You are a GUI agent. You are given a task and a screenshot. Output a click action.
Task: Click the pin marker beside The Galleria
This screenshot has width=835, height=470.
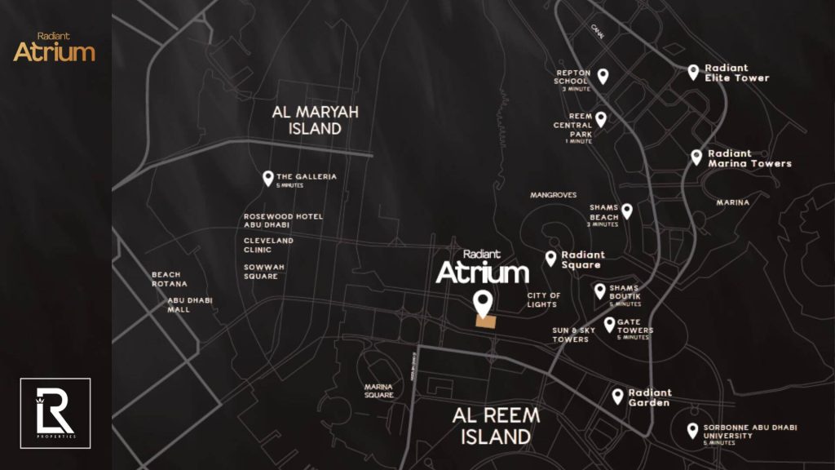click(267, 178)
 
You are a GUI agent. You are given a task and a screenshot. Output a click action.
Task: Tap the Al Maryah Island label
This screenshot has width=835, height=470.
click(315, 120)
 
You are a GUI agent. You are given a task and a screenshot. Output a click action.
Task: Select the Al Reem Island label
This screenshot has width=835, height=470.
click(495, 425)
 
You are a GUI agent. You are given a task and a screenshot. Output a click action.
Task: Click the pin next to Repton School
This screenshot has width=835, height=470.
click(603, 75)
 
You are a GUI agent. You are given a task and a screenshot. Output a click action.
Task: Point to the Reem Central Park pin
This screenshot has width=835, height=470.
click(600, 118)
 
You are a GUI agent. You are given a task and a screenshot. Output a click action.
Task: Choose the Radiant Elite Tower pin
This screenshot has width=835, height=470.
click(693, 72)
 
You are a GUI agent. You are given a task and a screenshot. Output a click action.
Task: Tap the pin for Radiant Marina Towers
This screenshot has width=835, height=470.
click(696, 157)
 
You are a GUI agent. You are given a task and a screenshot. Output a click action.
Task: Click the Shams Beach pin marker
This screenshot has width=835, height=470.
click(626, 211)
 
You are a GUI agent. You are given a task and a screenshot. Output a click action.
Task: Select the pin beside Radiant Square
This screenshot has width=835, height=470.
click(550, 258)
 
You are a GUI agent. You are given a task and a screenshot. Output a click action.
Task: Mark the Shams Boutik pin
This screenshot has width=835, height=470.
click(600, 290)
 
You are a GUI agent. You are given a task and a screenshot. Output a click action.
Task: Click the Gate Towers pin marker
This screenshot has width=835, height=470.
click(609, 324)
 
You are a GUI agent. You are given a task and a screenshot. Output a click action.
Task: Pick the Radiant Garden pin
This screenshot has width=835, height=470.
click(618, 396)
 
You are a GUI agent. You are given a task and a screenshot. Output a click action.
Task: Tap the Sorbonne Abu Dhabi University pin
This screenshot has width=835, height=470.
click(692, 430)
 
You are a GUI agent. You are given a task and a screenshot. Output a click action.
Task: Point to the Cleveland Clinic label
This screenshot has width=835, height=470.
click(268, 246)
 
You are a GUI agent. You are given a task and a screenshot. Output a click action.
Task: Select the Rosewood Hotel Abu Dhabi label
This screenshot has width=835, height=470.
click(283, 221)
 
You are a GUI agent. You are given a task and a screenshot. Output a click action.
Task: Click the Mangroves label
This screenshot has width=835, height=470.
click(553, 196)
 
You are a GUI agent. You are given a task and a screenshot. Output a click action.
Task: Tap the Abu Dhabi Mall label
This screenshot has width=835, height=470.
click(190, 304)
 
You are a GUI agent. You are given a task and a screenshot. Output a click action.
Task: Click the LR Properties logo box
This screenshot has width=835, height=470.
click(55, 413)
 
